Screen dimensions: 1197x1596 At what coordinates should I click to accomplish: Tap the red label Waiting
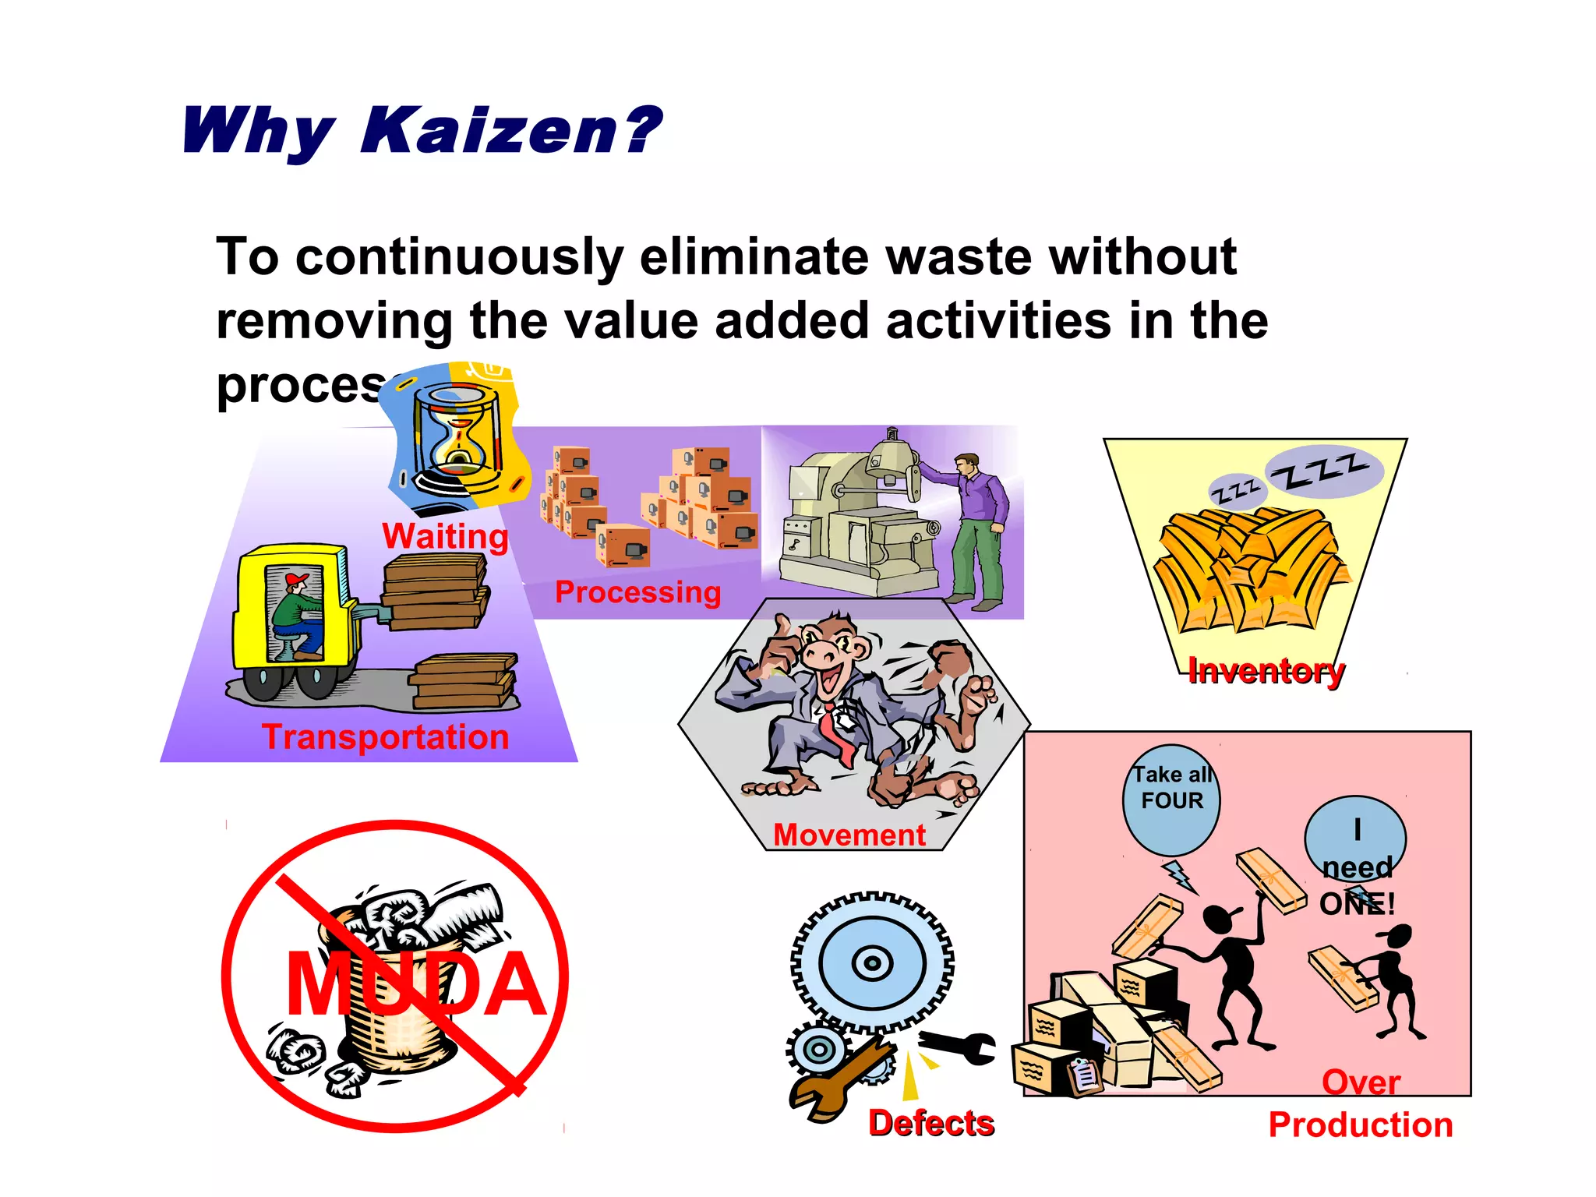coord(445,536)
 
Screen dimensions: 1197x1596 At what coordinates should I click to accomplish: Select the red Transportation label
coord(385,737)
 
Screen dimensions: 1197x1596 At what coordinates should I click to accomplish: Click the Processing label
coord(637,592)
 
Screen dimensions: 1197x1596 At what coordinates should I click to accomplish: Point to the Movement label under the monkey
coord(849,835)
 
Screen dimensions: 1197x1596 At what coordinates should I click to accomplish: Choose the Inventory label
coord(1266,670)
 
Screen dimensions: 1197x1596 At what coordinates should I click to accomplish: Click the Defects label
coord(931,1123)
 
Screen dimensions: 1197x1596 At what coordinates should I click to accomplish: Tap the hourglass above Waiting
coord(457,436)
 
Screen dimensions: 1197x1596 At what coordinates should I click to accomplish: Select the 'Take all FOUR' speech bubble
coord(1171,800)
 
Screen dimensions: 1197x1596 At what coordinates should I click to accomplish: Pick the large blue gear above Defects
coord(872,963)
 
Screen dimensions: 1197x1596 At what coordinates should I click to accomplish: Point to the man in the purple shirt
coord(977,530)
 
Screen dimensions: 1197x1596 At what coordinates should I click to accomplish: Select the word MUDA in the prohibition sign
coord(415,986)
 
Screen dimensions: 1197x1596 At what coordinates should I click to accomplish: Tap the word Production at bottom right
coord(1361,1125)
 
